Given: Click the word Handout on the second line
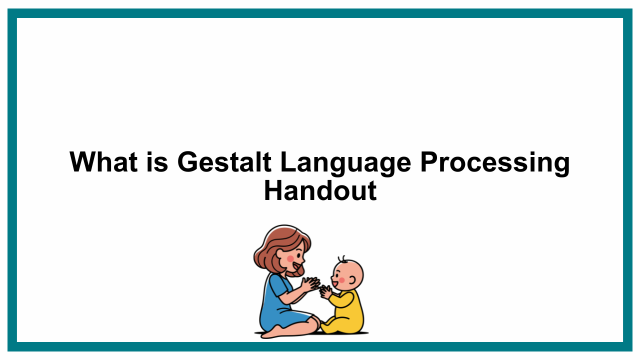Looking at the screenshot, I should (x=320, y=191).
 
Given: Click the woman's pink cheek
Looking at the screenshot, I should (x=290, y=259).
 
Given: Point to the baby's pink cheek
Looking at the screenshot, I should (x=341, y=280).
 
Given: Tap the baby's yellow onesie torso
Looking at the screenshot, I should (x=349, y=310).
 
